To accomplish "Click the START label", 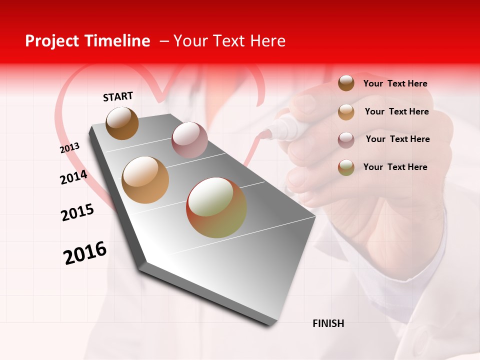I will (118, 96).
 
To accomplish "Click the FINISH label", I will (328, 323).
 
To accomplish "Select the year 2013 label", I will (69, 147).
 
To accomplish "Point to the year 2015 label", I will (77, 212).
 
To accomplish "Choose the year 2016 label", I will (85, 252).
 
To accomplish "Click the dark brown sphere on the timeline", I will (122, 123).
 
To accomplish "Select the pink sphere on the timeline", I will (189, 139).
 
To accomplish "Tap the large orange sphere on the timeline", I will (145, 180).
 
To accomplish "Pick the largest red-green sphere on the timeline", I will (216, 207).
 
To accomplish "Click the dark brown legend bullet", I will (346, 83).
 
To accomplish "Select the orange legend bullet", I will (346, 112).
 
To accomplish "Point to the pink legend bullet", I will (346, 139).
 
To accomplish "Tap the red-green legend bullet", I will (346, 167).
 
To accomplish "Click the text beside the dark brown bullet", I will (395, 83).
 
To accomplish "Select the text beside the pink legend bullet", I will (397, 139).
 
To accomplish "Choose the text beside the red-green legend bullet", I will (395, 167).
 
